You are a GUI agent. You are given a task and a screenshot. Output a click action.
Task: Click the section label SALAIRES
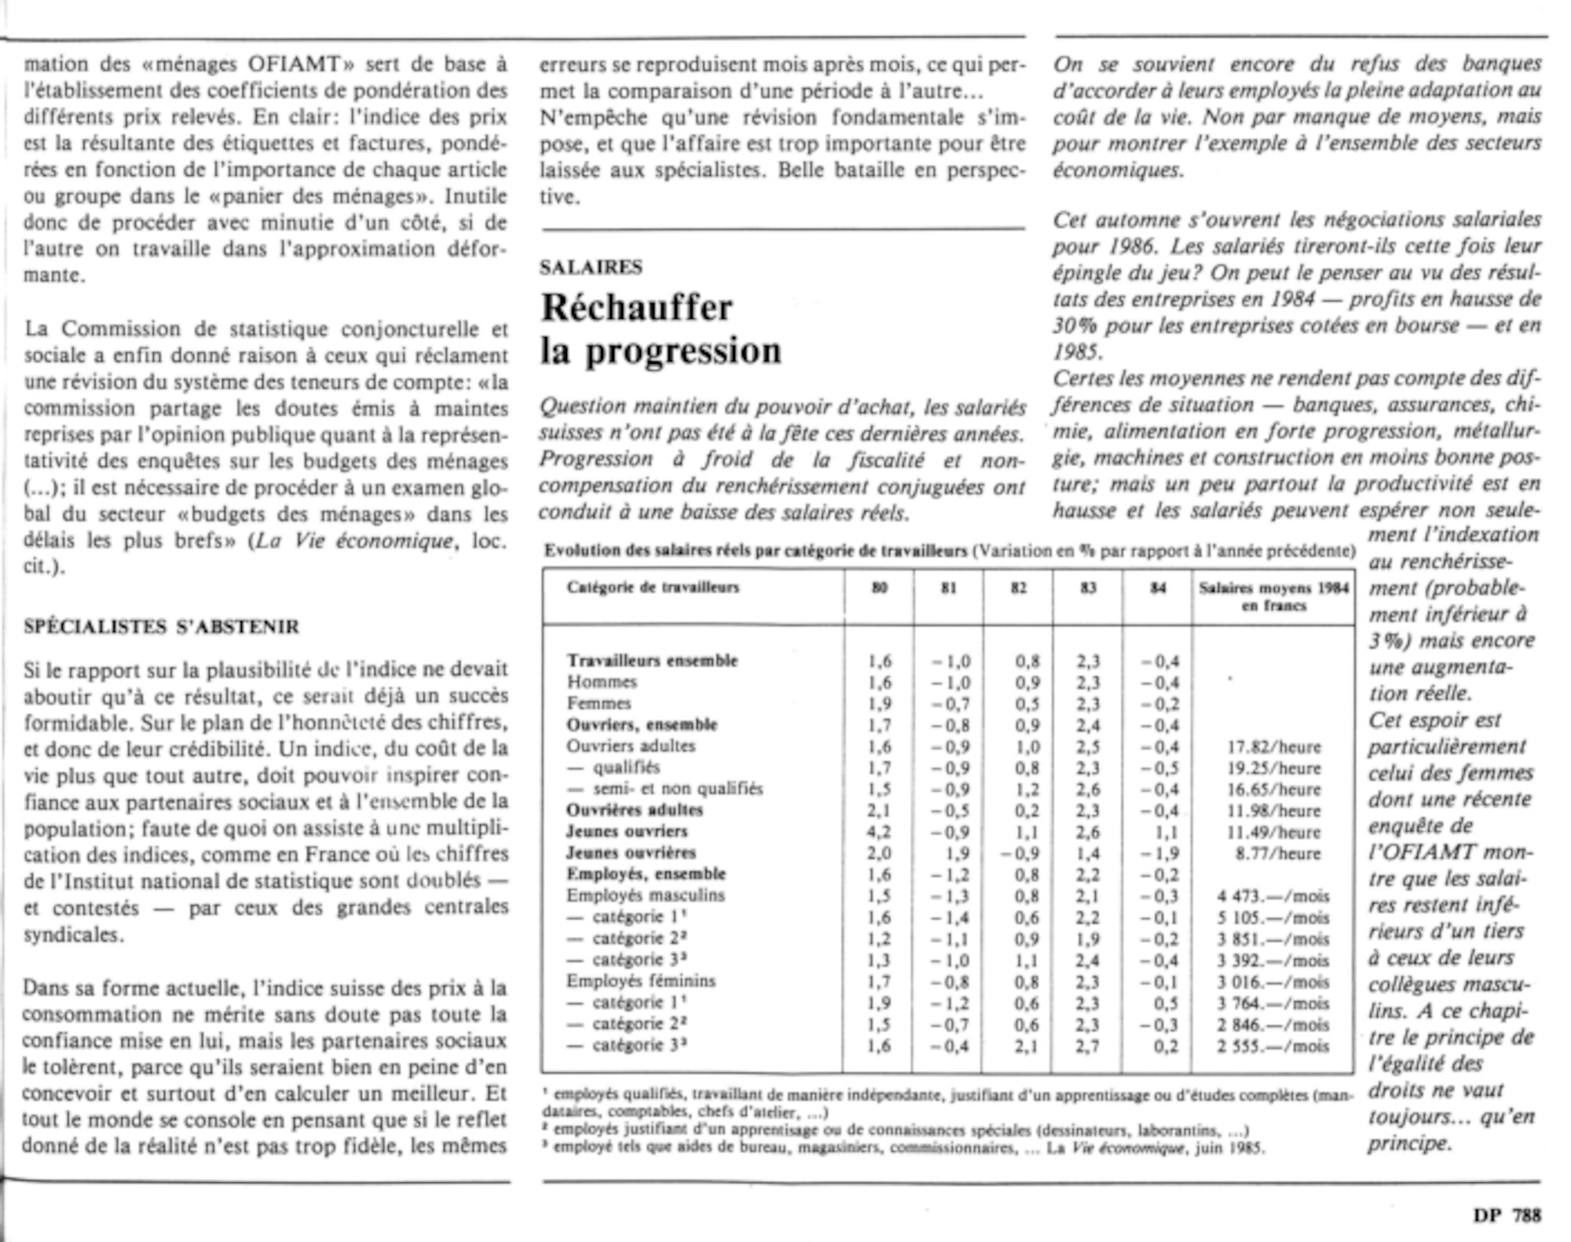[591, 268]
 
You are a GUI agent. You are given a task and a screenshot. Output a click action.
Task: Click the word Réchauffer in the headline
[636, 307]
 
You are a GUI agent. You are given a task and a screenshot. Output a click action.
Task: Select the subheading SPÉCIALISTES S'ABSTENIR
[161, 627]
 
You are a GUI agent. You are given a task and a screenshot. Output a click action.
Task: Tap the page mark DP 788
[1507, 1215]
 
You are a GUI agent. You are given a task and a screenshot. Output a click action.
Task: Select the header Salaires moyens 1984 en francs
[1273, 596]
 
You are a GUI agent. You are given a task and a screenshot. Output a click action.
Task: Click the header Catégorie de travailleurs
[653, 588]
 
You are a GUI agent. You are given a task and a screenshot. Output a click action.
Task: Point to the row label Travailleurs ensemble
[652, 661]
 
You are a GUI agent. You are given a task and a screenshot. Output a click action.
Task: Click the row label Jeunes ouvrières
[632, 852]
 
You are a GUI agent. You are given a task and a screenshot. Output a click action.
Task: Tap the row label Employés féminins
[641, 980]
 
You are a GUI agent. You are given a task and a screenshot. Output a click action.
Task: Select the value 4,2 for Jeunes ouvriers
[880, 832]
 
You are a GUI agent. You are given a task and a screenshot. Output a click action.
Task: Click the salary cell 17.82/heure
[1274, 747]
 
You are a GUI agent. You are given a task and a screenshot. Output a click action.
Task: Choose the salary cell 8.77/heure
[1278, 853]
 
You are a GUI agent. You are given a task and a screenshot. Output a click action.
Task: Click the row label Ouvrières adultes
[635, 810]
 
